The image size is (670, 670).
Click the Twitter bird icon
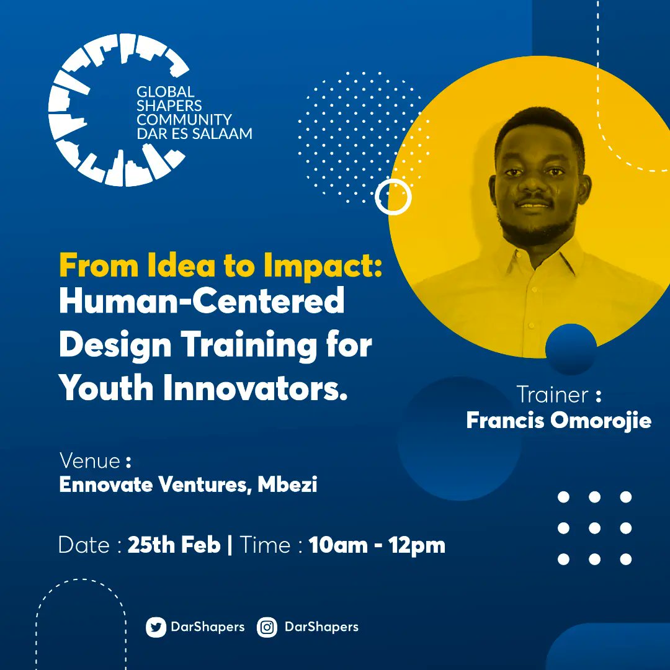(156, 627)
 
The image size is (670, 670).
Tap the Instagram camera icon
(267, 627)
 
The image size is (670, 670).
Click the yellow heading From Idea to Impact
(220, 266)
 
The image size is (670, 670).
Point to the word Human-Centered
(202, 302)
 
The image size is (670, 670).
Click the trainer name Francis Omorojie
(558, 421)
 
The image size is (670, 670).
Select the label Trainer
(552, 395)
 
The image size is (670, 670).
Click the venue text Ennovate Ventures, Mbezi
(188, 485)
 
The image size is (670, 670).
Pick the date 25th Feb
(174, 545)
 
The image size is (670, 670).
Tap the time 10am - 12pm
(377, 545)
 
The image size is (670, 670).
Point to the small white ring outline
(393, 197)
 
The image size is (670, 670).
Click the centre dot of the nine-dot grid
(594, 529)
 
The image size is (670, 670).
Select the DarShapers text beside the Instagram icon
(321, 627)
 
